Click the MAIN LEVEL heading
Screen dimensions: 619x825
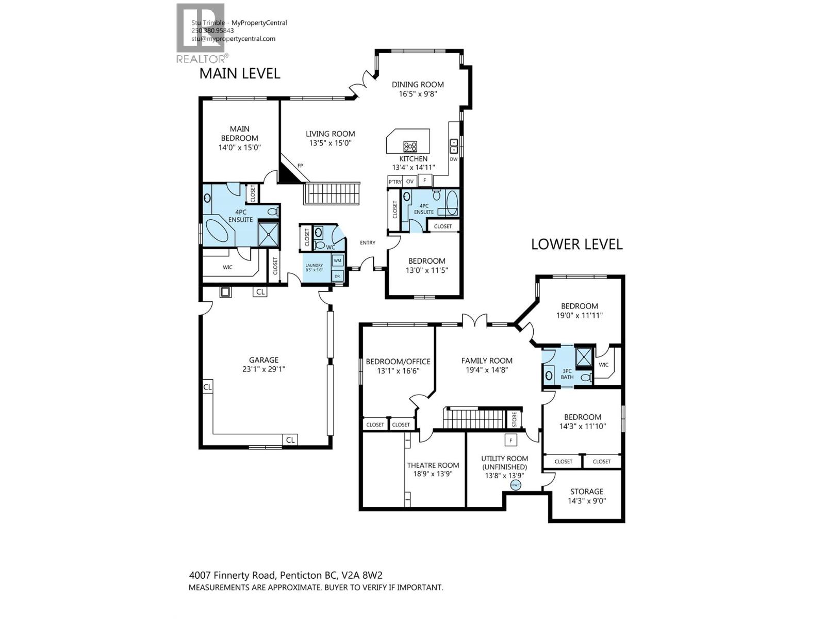coord(240,73)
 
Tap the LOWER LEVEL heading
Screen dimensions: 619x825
coord(576,244)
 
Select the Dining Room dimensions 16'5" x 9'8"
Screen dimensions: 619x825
coord(418,94)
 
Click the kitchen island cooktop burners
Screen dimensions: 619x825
coord(410,146)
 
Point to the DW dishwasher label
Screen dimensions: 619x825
coord(454,159)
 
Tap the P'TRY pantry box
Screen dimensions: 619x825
coord(395,182)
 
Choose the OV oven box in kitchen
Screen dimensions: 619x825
coord(410,182)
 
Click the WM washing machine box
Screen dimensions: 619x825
coord(338,260)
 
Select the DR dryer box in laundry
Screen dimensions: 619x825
coord(338,276)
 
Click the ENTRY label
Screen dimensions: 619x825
coord(368,242)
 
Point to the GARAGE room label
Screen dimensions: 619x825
coord(263,360)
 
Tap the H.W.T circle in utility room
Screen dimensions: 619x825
coord(516,485)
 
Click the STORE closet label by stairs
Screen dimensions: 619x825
coord(514,419)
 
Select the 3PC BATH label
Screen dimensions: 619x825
coord(567,373)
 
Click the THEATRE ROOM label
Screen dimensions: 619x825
coord(433,465)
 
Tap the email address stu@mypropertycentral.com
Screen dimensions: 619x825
coord(233,39)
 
